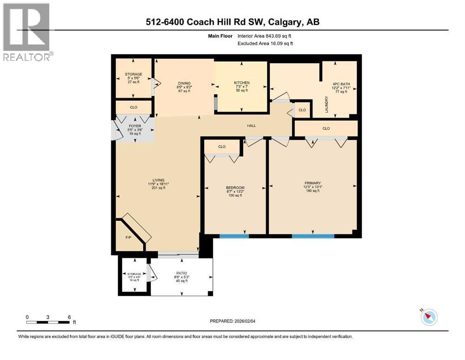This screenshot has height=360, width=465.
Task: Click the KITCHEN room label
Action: tap(242, 83)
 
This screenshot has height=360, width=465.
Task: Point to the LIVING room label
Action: tap(158, 180)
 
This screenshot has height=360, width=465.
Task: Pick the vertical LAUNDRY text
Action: tap(326, 105)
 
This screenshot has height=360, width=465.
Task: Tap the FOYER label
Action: tap(135, 126)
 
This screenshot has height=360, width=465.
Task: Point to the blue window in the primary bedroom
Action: tap(313, 236)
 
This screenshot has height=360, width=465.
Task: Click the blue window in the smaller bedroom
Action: tap(234, 236)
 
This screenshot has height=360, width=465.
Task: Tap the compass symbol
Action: tap(429, 317)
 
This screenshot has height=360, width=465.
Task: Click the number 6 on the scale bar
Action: tap(69, 317)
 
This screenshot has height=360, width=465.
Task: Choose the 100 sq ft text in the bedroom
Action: tap(235, 195)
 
